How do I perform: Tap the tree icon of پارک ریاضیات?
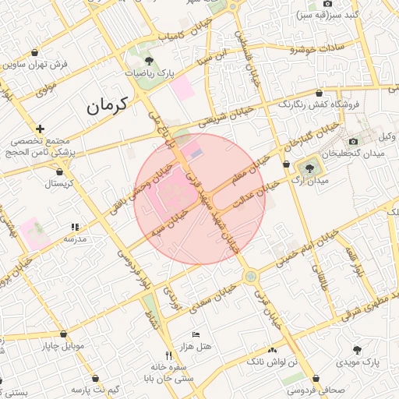click(x=149, y=61)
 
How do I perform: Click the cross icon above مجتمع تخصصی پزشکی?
click(x=40, y=129)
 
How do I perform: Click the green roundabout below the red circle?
click(x=249, y=277)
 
